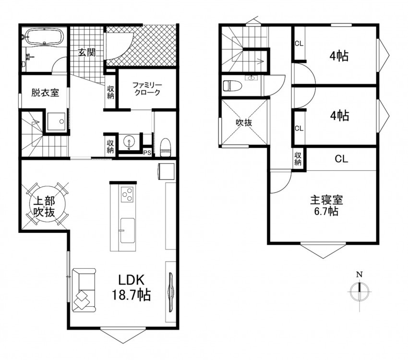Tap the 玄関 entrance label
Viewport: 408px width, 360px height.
(87, 52)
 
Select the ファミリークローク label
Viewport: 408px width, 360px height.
(147, 89)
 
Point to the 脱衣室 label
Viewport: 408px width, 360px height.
(45, 93)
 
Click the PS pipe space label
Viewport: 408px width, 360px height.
(147, 153)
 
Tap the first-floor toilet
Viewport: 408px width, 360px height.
(165, 147)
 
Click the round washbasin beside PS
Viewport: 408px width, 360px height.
(129, 142)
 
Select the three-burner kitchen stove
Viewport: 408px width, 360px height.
(127, 194)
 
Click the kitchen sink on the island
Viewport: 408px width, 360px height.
(128, 230)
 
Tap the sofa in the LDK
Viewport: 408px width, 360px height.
(84, 290)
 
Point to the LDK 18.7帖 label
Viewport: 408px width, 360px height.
(132, 288)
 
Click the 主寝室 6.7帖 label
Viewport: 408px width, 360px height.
(326, 205)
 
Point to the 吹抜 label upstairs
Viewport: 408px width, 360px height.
(244, 122)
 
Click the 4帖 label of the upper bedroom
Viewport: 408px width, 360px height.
(339, 56)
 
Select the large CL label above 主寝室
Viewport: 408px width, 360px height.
(341, 159)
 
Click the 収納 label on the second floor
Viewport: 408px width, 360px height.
(298, 159)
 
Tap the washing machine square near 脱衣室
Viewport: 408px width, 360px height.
(56, 121)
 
